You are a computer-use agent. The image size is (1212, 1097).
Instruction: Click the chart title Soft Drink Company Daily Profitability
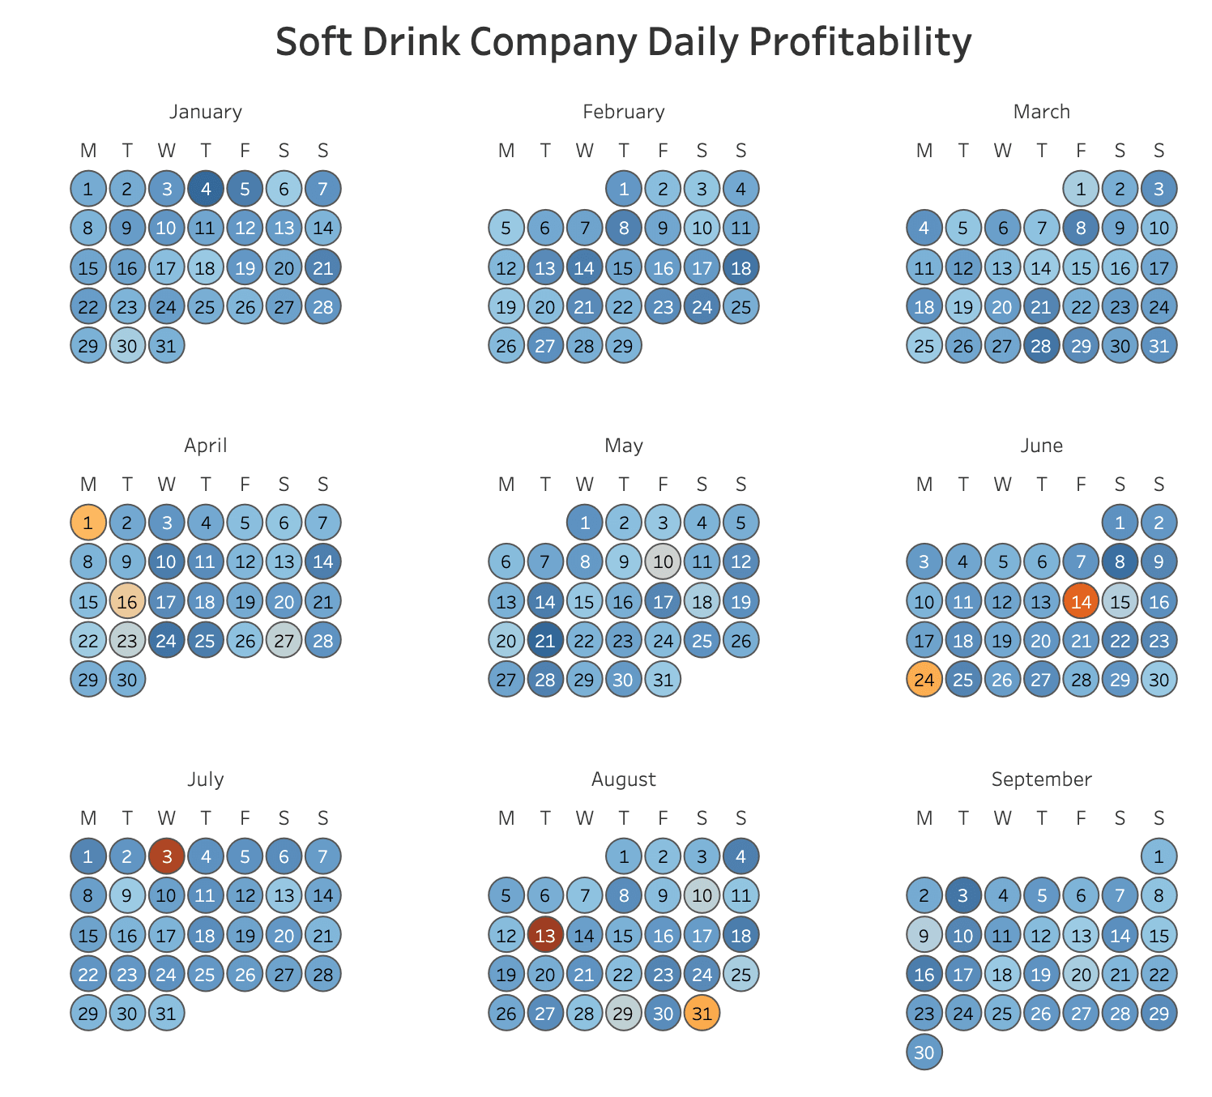pyautogui.click(x=623, y=42)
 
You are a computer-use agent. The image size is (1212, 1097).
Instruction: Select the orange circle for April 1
pyautogui.click(x=88, y=523)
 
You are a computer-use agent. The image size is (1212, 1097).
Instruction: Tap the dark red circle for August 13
pyautogui.click(x=545, y=935)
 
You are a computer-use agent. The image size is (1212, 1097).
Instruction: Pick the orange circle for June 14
pyautogui.click(x=1081, y=601)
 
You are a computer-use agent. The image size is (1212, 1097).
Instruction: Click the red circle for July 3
pyautogui.click(x=167, y=856)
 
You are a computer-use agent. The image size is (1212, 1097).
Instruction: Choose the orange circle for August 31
pyautogui.click(x=702, y=1013)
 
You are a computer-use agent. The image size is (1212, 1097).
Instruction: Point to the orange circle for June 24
pyautogui.click(x=924, y=679)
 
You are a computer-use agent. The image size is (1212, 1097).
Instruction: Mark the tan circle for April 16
pyautogui.click(x=127, y=601)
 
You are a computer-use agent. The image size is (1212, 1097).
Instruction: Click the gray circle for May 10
pyautogui.click(x=663, y=561)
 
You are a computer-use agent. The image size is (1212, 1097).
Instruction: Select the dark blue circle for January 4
pyautogui.click(x=206, y=189)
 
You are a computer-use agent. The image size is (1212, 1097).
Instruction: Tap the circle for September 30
pyautogui.click(x=924, y=1052)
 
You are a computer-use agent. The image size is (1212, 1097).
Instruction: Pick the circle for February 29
pyautogui.click(x=624, y=345)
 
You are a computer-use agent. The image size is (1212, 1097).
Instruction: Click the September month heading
pyautogui.click(x=1041, y=779)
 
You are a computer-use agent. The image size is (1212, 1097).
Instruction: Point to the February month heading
pyautogui.click(x=623, y=112)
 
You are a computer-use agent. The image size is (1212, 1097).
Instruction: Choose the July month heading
pyautogui.click(x=206, y=779)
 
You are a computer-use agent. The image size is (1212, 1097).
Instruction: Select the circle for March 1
pyautogui.click(x=1081, y=189)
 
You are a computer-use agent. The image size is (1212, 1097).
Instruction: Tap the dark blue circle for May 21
pyautogui.click(x=545, y=640)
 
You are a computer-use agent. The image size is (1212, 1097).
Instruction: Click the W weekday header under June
pyautogui.click(x=1002, y=484)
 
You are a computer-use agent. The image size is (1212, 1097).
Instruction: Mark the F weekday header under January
pyautogui.click(x=245, y=151)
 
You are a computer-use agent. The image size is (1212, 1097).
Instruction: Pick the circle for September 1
pyautogui.click(x=1159, y=856)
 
